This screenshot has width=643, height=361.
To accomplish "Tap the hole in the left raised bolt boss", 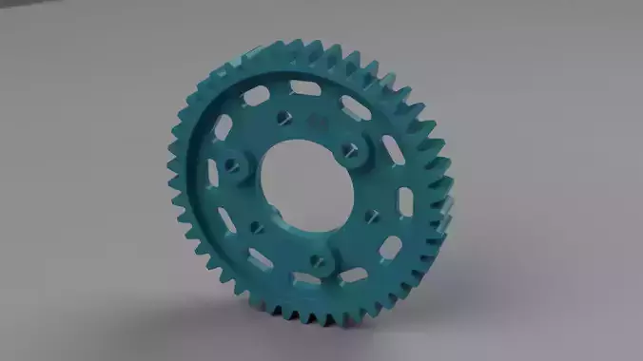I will click(x=229, y=162).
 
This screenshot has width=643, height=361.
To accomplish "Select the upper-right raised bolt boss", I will click(x=352, y=148).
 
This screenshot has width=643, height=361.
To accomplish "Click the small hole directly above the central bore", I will click(x=283, y=120).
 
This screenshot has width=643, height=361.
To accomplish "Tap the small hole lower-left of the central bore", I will click(x=255, y=226).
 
